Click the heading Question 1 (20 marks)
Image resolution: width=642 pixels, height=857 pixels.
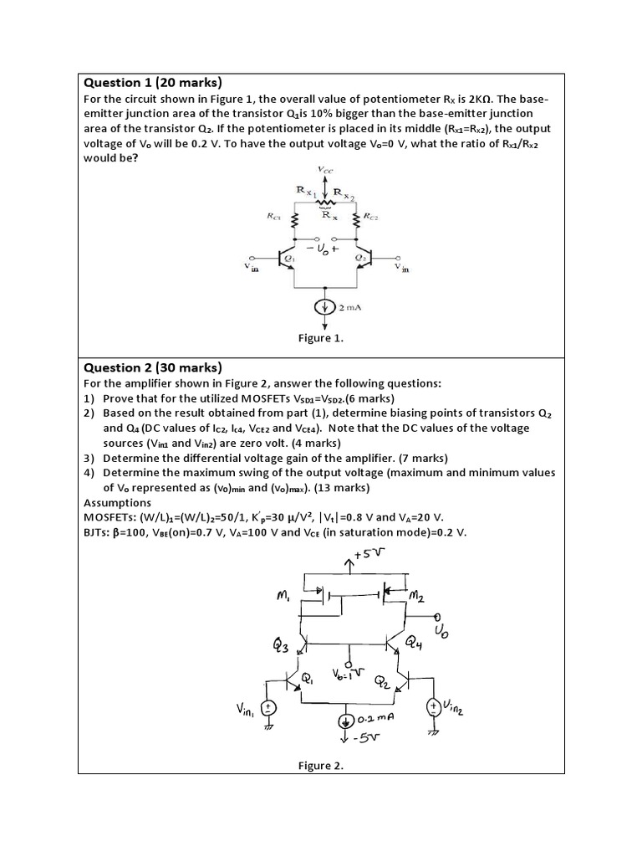click(x=152, y=82)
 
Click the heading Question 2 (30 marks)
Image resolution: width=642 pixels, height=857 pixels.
click(x=152, y=367)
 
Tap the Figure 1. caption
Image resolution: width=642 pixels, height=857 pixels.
click(x=321, y=338)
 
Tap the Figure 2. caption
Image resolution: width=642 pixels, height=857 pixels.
click(x=321, y=765)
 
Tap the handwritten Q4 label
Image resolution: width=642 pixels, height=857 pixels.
click(x=415, y=643)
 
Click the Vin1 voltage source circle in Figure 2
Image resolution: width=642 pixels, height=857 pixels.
click(x=268, y=708)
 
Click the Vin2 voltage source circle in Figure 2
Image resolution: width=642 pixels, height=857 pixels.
click(x=434, y=707)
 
